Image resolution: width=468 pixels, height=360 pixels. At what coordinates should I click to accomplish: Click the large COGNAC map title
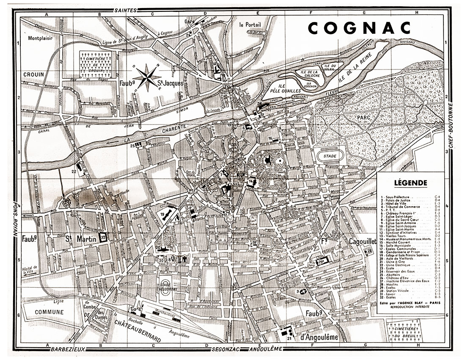point(359,28)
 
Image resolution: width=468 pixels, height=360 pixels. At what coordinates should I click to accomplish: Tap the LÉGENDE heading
point(410,183)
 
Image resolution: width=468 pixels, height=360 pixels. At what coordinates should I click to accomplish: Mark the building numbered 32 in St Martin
point(102,238)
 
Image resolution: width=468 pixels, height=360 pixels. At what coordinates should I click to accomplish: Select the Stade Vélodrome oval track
point(168,288)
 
